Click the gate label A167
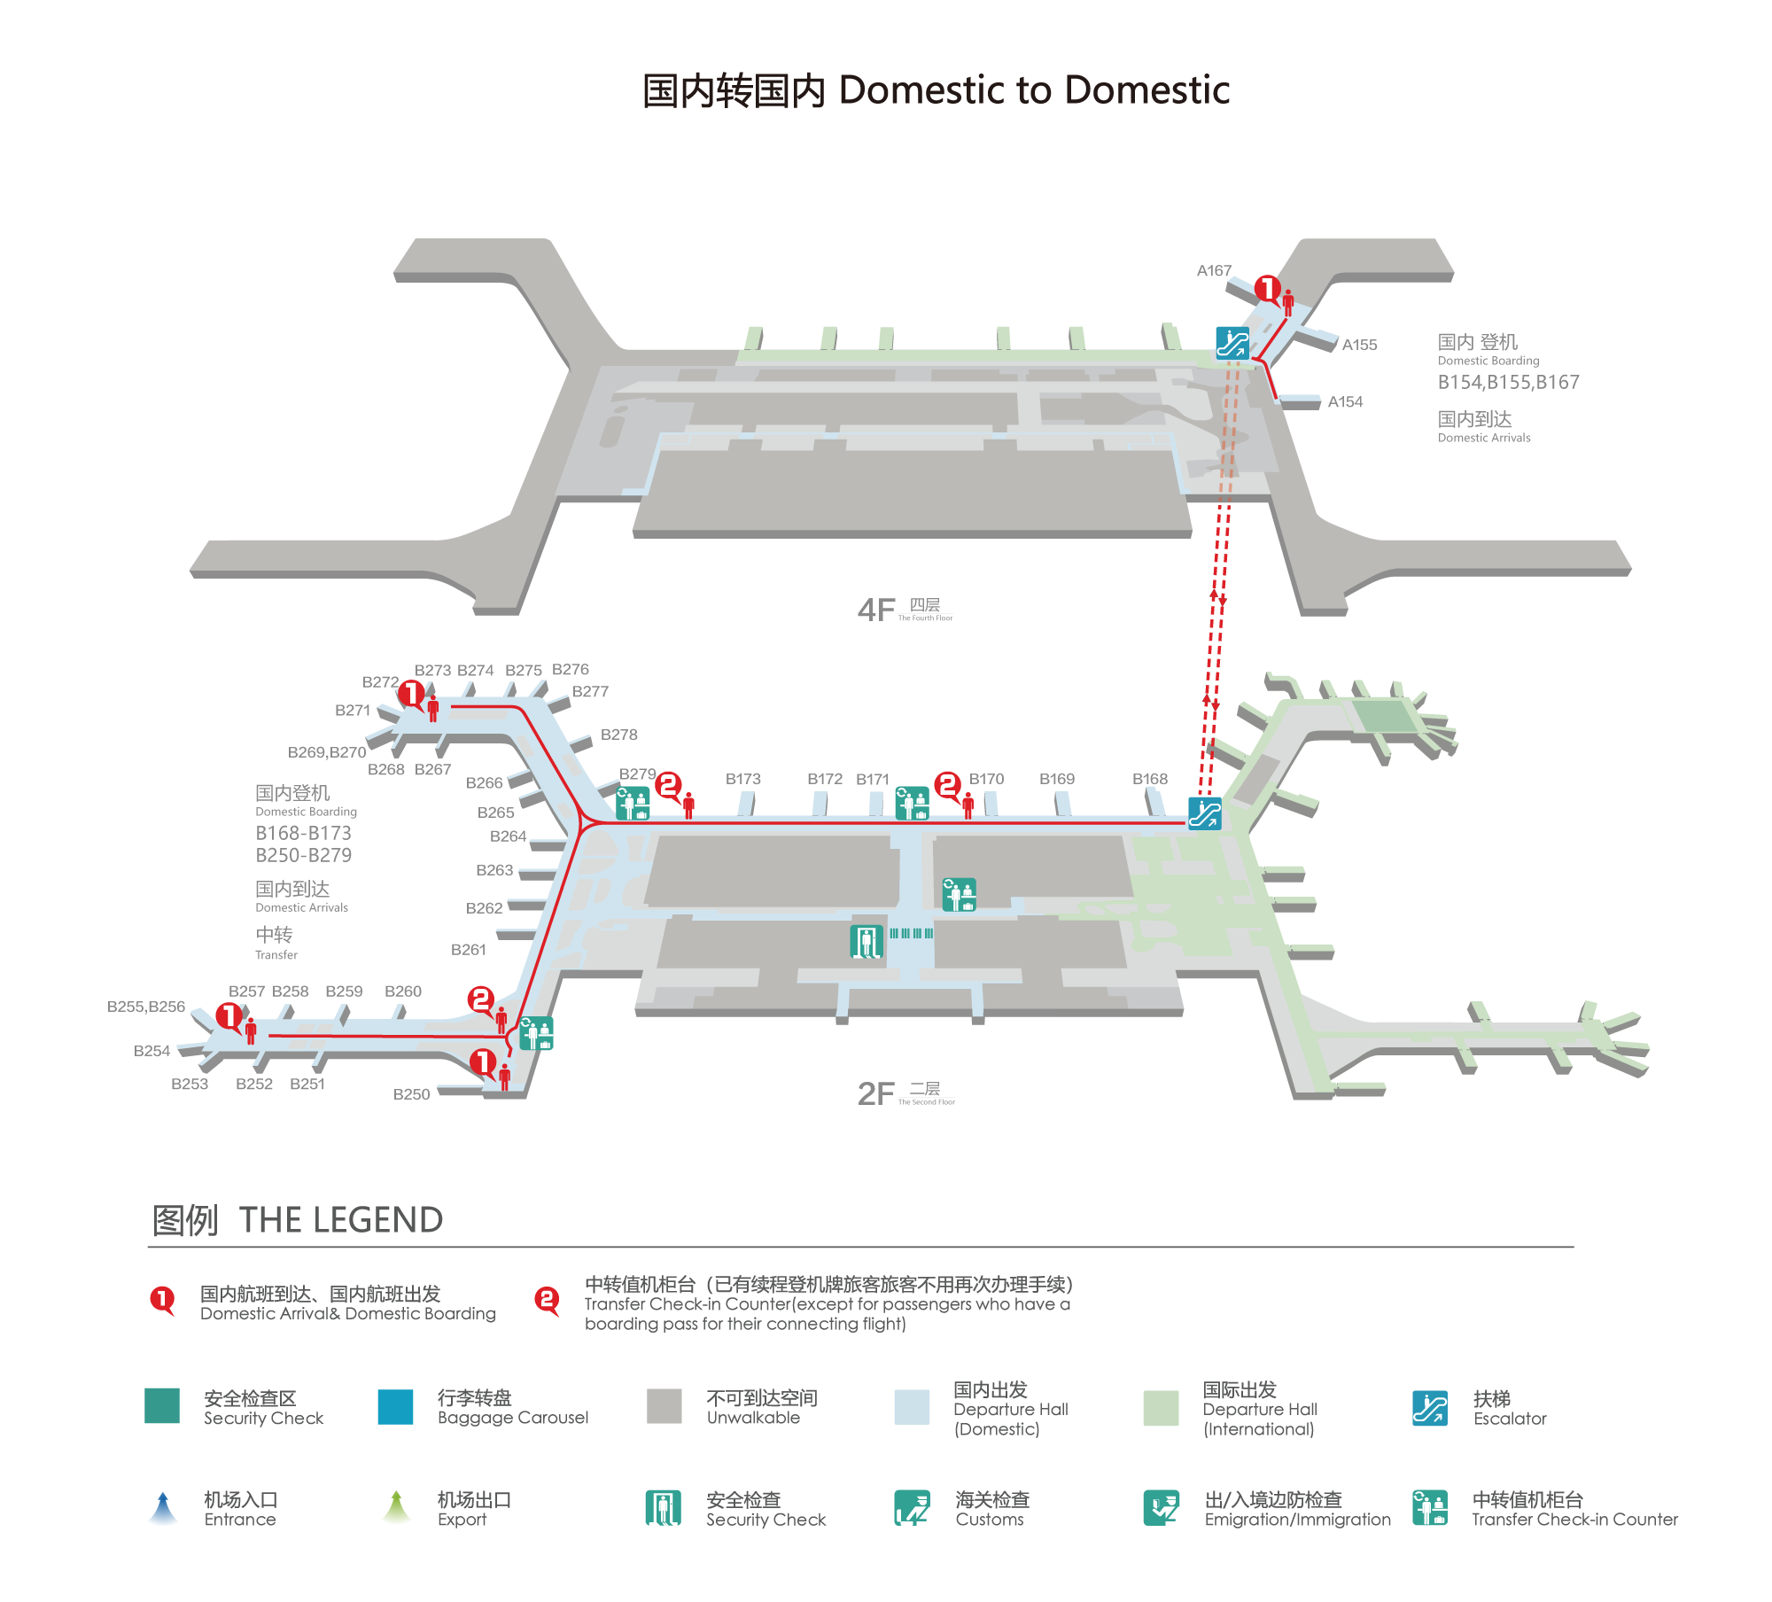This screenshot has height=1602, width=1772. tap(1214, 270)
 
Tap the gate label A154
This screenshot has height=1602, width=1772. tap(1345, 401)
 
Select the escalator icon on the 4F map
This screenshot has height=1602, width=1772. tap(1232, 342)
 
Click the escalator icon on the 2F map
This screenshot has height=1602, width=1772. tap(1204, 813)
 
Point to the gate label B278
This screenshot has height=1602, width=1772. tap(618, 735)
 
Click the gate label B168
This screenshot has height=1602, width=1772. tap(1149, 779)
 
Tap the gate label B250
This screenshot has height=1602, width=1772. tap(411, 1094)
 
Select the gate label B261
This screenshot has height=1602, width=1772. tap(468, 950)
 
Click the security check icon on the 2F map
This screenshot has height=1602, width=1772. tap(866, 941)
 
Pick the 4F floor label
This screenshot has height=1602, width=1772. tap(876, 610)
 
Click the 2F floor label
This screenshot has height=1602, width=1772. tap(876, 1094)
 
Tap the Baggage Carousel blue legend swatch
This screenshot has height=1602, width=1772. tap(395, 1406)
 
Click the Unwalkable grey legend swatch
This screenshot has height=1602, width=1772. tap(664, 1406)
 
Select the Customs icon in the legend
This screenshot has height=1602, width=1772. tap(912, 1508)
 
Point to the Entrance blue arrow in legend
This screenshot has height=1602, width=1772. tap(163, 1508)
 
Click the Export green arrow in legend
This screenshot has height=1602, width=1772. tap(396, 1508)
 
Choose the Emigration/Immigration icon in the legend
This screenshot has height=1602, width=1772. tap(1161, 1508)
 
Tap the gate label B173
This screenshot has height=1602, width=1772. tap(742, 779)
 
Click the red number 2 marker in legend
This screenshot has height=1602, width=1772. tap(547, 1301)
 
